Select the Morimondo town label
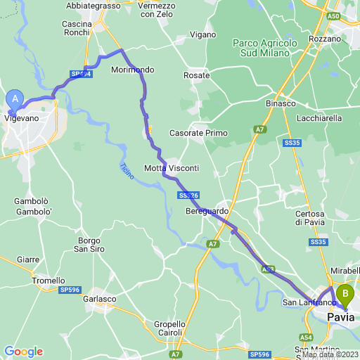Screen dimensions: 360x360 coord(133,70)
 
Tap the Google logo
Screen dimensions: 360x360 coord(23,351)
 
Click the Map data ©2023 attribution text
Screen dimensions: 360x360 coord(332,354)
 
